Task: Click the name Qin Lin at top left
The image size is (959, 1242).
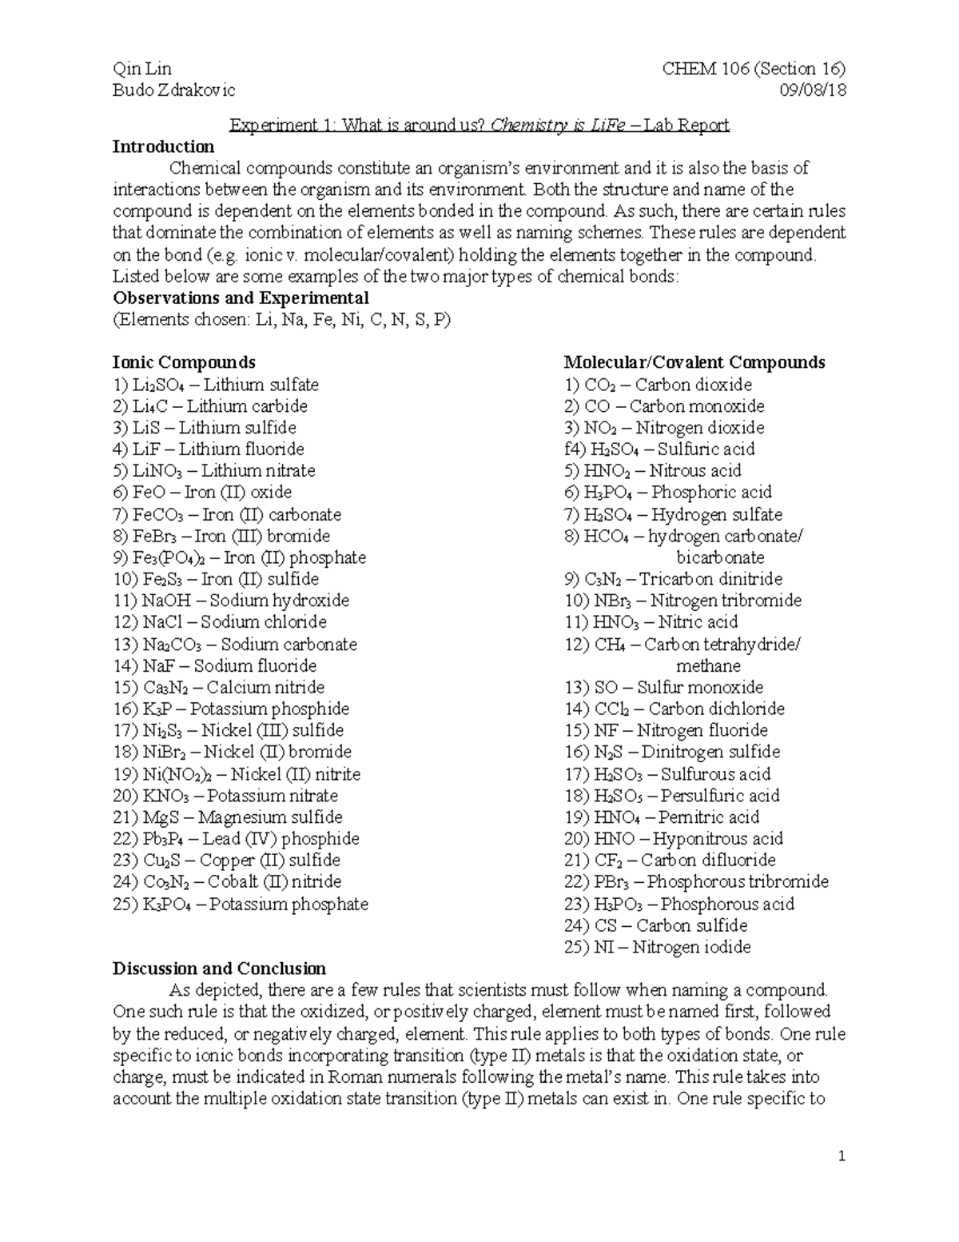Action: [142, 69]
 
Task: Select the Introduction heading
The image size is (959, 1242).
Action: [163, 146]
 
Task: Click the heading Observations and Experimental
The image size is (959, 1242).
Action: [241, 298]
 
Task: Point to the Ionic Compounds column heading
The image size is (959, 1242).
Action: [184, 362]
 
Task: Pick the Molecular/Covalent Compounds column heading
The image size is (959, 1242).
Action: [694, 362]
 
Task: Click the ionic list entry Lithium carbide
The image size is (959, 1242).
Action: [210, 406]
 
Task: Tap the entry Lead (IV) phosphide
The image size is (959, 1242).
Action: [237, 839]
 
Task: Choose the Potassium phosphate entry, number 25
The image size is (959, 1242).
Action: [241, 905]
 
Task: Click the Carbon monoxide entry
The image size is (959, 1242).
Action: [664, 406]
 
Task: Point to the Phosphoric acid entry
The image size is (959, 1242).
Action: [668, 493]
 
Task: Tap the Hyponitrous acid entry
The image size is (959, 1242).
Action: [674, 839]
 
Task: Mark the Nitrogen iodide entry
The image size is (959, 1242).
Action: [658, 948]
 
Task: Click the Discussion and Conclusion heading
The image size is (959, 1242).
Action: [219, 968]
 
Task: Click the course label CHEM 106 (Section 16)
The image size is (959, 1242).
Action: [754, 69]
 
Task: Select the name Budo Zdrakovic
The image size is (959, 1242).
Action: [174, 90]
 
